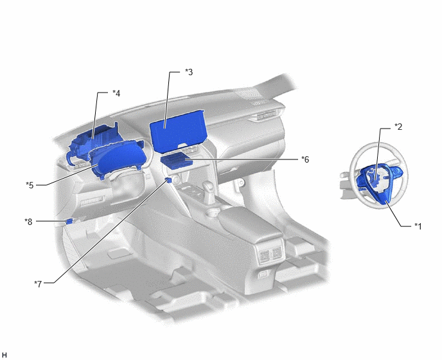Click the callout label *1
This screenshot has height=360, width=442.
(418, 226)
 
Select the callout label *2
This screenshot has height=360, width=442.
(398, 127)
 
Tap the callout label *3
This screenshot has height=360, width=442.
(189, 72)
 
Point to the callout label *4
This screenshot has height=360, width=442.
(116, 93)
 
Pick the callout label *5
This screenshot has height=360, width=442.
(30, 185)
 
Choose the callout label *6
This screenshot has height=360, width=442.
(305, 159)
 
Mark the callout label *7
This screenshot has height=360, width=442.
(38, 283)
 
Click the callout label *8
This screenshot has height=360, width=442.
(28, 222)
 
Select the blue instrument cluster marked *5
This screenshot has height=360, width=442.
(118, 159)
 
